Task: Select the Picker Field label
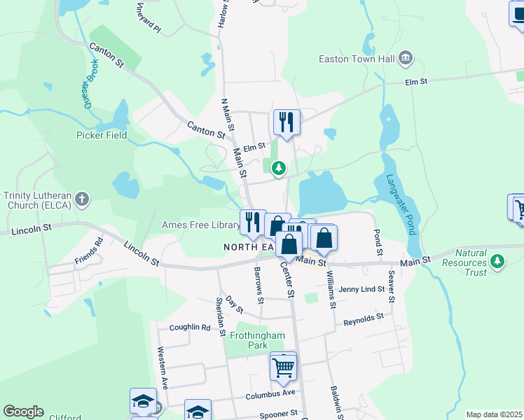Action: tap(102, 135)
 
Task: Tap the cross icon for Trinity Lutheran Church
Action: tap(82, 199)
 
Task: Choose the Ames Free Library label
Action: tap(200, 225)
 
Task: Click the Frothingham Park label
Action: tap(258, 340)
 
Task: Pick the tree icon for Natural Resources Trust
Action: tap(497, 261)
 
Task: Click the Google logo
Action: tap(23, 412)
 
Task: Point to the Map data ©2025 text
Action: tap(494, 414)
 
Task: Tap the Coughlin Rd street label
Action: tap(189, 327)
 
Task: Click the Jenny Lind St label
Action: tap(361, 289)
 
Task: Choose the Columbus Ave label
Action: tap(270, 395)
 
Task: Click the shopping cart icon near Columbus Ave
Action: tap(284, 366)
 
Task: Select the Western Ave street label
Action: tap(163, 367)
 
